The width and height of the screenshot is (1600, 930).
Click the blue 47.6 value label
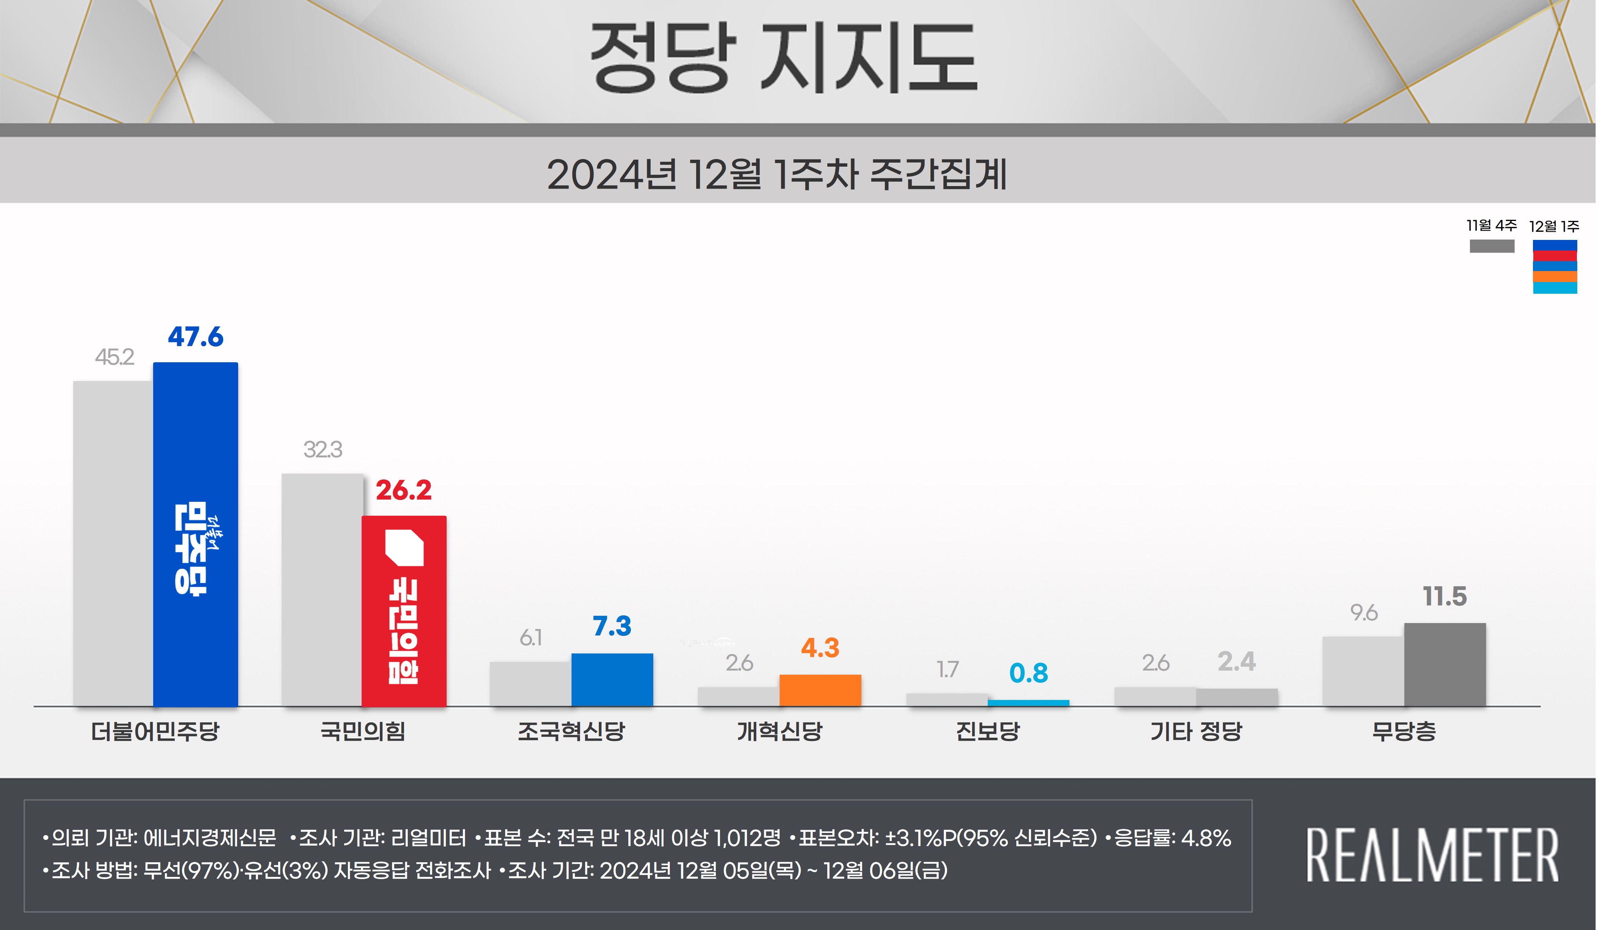pos(196,337)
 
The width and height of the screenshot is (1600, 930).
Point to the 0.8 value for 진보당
pos(1028,673)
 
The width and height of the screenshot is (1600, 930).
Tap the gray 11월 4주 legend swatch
pos(1492,246)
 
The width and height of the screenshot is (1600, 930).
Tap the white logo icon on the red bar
pos(404,547)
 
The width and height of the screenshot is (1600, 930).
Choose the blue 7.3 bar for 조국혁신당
pos(612,679)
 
